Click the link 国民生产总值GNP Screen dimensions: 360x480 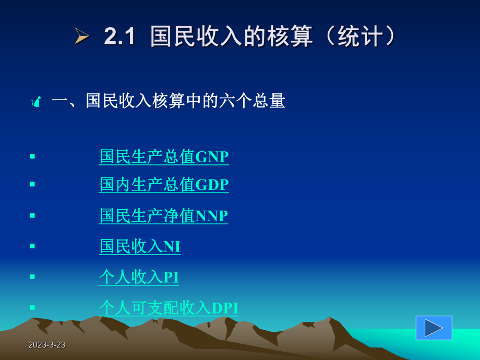point(164,157)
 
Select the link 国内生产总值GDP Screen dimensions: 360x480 point(164,185)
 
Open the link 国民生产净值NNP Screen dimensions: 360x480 point(163,215)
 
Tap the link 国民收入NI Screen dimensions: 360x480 point(140,246)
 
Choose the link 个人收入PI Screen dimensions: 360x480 point(139,277)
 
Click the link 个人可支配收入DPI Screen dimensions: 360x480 point(169,308)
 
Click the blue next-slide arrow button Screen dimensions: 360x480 point(434,328)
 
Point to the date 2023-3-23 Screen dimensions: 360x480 point(47,345)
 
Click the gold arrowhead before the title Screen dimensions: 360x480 point(82,37)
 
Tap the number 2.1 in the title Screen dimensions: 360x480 point(119,37)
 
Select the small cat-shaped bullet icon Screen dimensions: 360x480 point(36,101)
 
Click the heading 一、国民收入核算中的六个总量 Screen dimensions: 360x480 point(168,101)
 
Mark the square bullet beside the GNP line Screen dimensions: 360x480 point(32,156)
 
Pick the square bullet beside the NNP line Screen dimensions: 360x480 point(32,215)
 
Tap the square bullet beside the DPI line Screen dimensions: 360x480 point(32,307)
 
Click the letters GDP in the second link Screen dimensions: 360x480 point(212,185)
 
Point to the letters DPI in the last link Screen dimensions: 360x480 point(225,308)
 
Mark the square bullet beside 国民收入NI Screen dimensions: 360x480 point(32,246)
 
